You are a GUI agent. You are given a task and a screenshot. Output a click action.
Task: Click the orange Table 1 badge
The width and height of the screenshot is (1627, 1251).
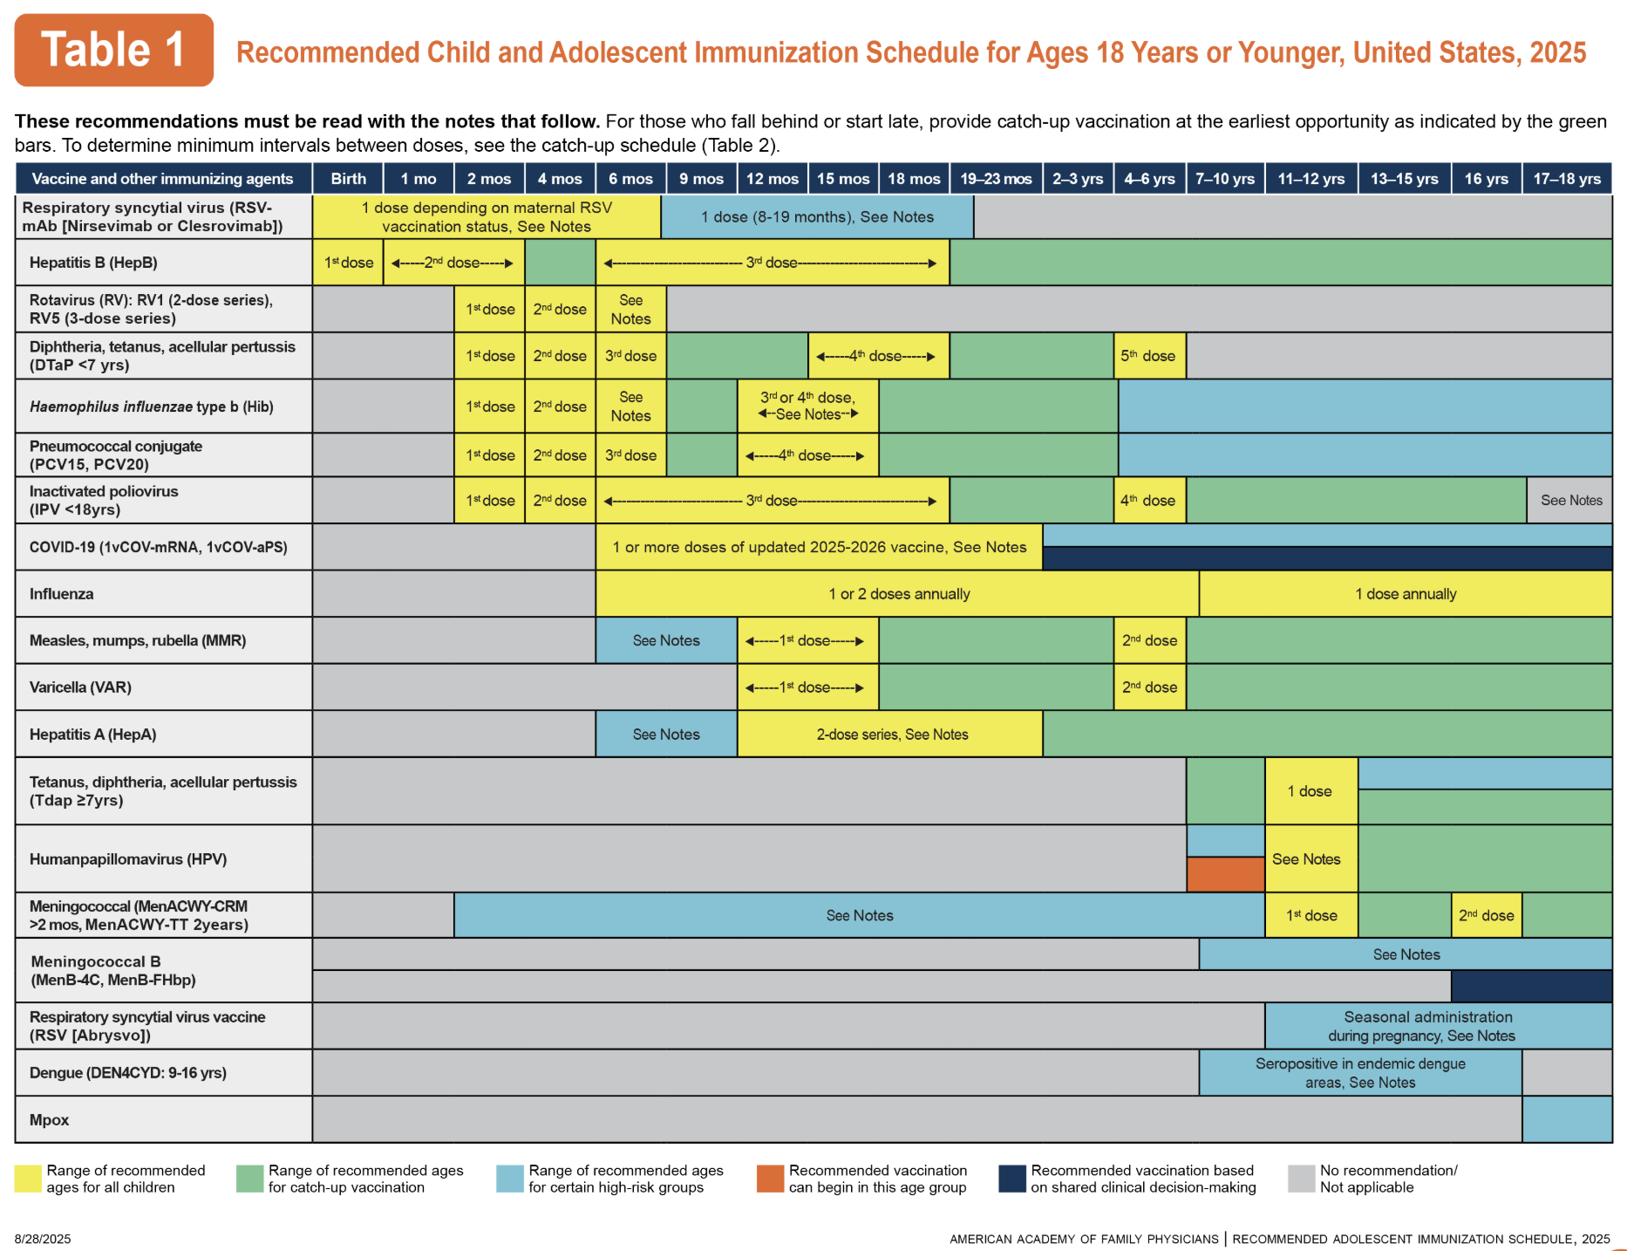pos(113,50)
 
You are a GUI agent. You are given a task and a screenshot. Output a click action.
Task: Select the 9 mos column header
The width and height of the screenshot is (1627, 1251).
pos(701,179)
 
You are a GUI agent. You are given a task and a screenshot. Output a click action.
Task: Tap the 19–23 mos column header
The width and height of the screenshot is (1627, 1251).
pos(996,179)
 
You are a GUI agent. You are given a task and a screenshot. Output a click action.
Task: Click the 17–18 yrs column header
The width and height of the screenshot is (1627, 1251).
pos(1567,179)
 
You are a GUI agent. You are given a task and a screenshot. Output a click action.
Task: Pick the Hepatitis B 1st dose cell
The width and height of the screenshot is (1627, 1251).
pos(349,263)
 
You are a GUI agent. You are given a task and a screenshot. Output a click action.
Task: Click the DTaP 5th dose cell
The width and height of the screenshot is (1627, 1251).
pos(1148,356)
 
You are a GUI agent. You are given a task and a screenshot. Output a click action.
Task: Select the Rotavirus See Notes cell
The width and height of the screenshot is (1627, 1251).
pos(630,310)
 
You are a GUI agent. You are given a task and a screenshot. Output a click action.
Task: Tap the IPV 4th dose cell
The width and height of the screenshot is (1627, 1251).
pos(1148,501)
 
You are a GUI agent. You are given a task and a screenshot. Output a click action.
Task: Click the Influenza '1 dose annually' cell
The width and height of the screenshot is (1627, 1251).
pos(1406,594)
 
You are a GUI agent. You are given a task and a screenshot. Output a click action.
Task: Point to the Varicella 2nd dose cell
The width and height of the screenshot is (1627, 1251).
pos(1149,687)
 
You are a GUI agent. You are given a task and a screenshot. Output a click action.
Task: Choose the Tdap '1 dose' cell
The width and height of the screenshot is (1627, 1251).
pos(1310,791)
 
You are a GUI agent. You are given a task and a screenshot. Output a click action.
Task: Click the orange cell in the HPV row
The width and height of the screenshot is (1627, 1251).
pos(1225,874)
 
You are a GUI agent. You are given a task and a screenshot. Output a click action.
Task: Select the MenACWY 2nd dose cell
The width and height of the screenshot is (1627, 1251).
pos(1486,916)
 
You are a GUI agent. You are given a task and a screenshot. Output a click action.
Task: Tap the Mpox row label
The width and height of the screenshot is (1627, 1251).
pos(50,1120)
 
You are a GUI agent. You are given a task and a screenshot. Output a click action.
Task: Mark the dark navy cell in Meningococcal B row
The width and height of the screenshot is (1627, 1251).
pos(1531,987)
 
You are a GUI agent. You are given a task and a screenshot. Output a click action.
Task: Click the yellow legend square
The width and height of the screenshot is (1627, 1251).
pos(28,1179)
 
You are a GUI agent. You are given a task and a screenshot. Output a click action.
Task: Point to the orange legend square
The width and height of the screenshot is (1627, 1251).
pos(771,1179)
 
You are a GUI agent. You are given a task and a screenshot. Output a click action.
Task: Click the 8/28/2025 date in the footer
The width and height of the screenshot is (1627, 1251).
pos(43,1239)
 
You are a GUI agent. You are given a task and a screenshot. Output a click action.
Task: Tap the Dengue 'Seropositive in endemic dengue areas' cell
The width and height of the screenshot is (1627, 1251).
pos(1360,1073)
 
